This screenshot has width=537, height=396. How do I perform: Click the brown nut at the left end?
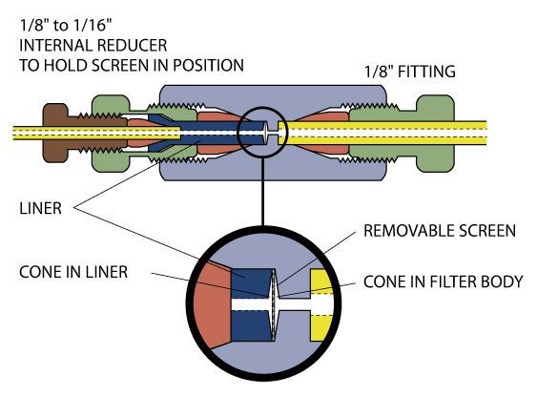pyautogui.click(x=54, y=133)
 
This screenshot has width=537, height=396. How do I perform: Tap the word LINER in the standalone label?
pyautogui.click(x=40, y=208)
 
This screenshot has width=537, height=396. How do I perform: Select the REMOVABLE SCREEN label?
pyautogui.click(x=440, y=231)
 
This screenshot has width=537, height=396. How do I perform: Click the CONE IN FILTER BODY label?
pyautogui.click(x=443, y=281)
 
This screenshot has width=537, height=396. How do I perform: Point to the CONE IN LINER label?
pyautogui.click(x=73, y=272)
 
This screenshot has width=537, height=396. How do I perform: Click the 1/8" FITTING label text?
pyautogui.click(x=409, y=72)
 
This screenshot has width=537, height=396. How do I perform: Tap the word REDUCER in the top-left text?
pyautogui.click(x=132, y=46)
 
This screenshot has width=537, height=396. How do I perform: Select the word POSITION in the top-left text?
pyautogui.click(x=208, y=66)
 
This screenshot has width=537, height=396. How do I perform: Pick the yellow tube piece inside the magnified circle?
pyautogui.click(x=321, y=305)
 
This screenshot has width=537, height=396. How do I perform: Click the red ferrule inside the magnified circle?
pyautogui.click(x=212, y=305)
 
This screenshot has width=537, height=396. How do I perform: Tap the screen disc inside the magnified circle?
pyautogui.click(x=274, y=305)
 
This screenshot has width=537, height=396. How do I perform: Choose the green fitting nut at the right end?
pyautogui.click(x=435, y=133)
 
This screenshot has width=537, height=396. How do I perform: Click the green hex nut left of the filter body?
pyautogui.click(x=111, y=133)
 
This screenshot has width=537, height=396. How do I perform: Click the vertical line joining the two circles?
pyautogui.click(x=263, y=192)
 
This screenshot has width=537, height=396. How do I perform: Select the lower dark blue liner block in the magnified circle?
pyautogui.click(x=253, y=326)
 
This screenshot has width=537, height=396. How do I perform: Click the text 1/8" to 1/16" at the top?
pyautogui.click(x=66, y=26)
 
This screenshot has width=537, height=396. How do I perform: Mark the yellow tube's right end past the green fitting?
pyautogui.click(x=486, y=133)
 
